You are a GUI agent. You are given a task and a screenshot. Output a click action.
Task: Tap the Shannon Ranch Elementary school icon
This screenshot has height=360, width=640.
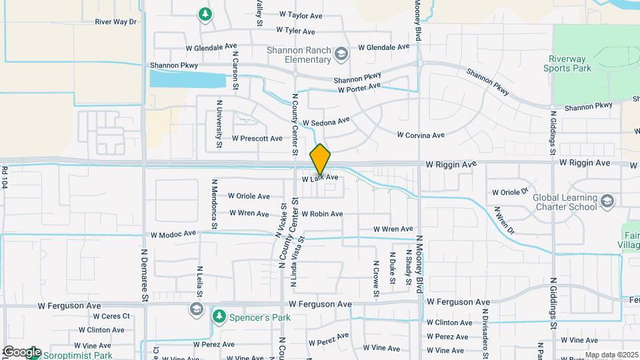341,54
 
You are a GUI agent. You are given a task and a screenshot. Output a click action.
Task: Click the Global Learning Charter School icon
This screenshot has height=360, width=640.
607,201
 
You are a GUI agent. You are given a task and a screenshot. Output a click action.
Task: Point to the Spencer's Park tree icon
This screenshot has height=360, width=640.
217,315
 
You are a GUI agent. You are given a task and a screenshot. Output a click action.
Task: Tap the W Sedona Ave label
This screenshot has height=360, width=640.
326,123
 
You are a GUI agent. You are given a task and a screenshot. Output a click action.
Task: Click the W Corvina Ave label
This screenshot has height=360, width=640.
421,135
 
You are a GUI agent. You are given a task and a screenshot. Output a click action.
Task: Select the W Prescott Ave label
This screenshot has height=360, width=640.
257,139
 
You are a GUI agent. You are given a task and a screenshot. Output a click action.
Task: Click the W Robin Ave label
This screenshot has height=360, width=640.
322,214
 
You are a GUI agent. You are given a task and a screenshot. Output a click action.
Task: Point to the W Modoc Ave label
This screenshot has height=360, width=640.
173,234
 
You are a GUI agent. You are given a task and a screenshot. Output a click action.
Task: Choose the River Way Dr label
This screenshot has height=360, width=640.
115,22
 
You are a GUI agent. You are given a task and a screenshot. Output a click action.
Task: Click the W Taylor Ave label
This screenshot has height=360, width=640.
301,14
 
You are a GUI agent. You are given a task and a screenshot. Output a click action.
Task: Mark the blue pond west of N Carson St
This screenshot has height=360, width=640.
187,79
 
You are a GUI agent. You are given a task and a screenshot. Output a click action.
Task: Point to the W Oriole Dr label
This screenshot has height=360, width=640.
510,192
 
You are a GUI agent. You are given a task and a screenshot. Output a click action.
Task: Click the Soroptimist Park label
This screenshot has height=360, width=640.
77,355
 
